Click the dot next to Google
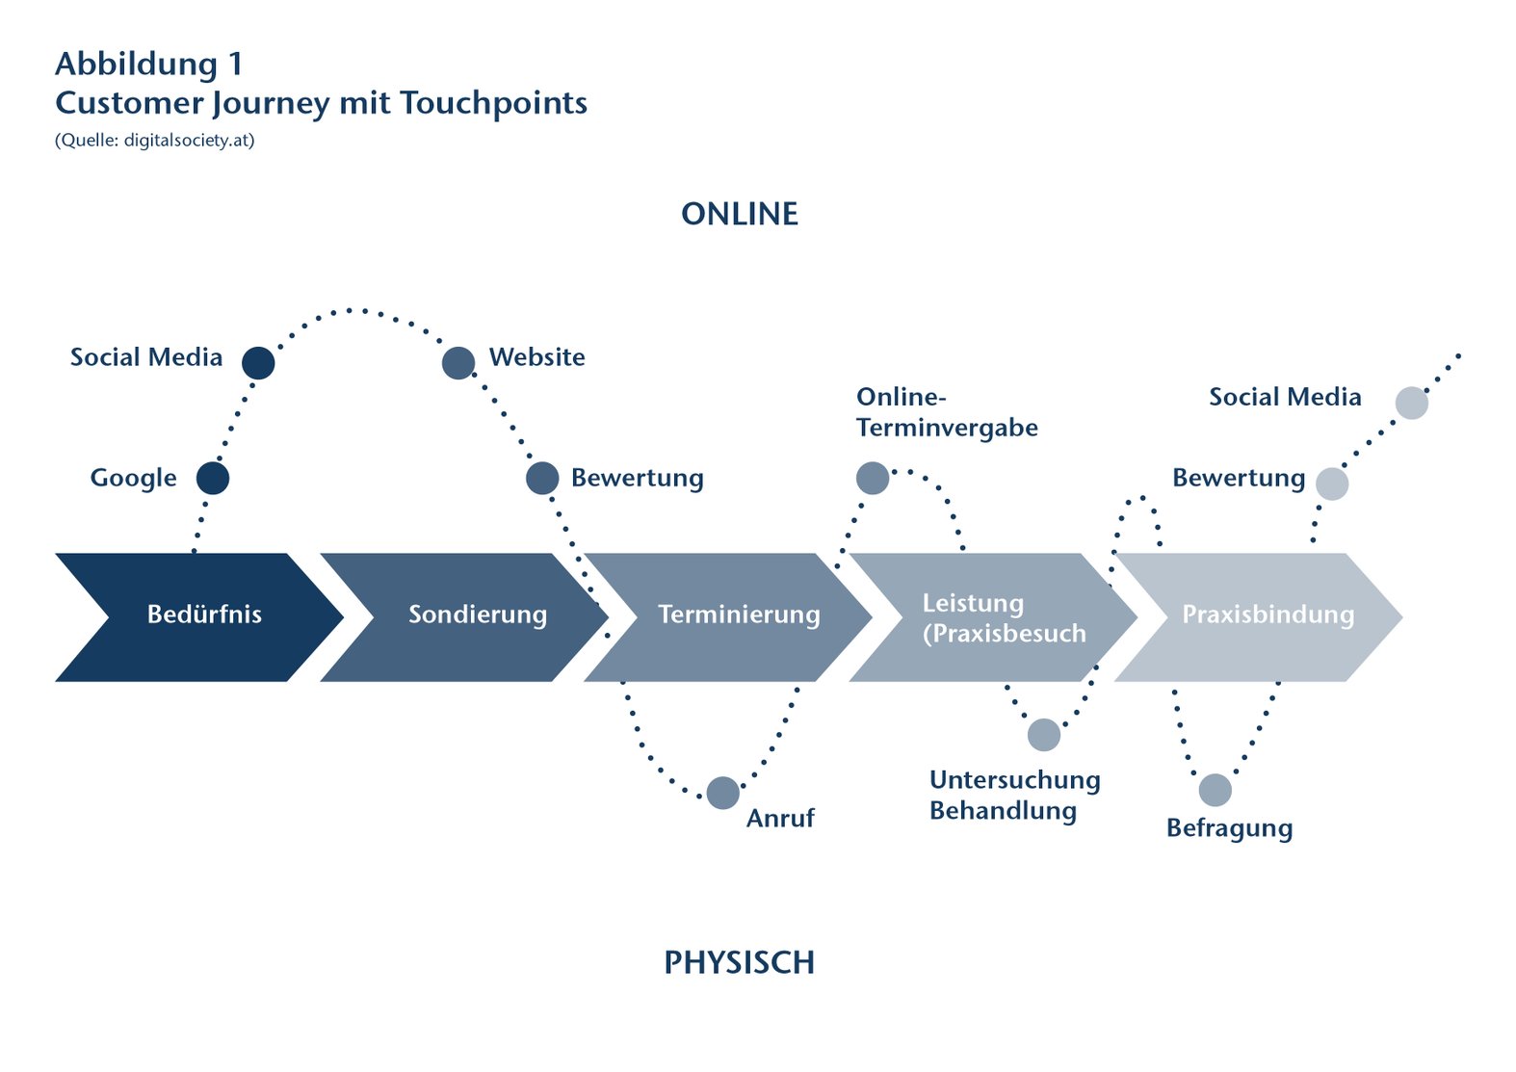point(213,478)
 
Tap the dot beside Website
point(458,363)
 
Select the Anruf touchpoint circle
point(723,793)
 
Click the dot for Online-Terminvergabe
point(873,478)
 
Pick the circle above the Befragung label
point(1215,790)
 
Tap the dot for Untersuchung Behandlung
point(1044,735)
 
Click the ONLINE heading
point(740,214)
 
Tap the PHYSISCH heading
point(739,962)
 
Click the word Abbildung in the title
point(136,65)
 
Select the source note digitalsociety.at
point(189,141)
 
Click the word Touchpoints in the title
point(493,103)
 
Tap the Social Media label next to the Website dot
point(146,357)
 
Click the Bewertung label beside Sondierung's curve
point(637,478)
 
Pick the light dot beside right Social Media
point(1412,403)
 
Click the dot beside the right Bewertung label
point(1332,484)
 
